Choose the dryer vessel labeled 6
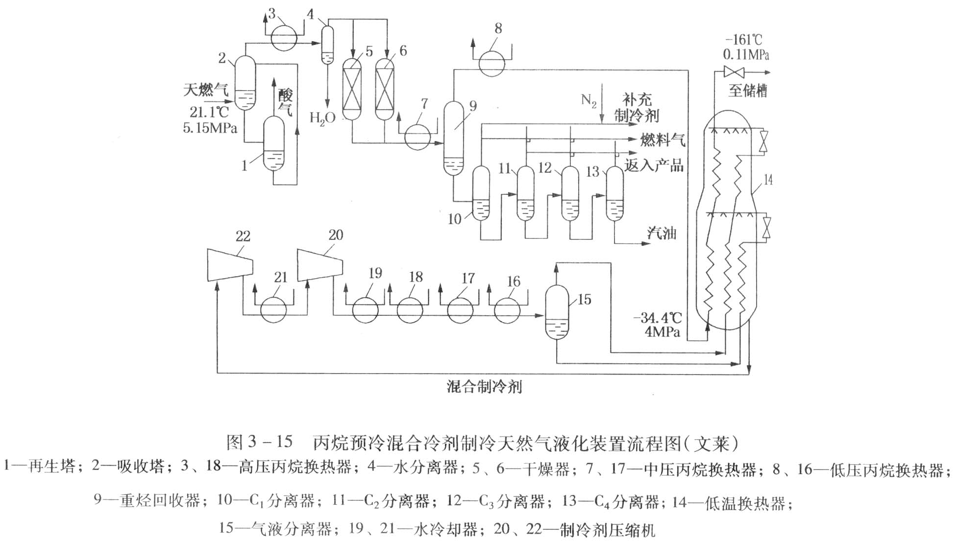tap(385, 90)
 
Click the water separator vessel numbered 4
tap(327, 44)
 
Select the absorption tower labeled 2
tap(244, 82)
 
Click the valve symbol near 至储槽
tap(734, 72)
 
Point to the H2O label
tap(322, 118)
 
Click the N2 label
tap(589, 100)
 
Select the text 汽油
tap(662, 233)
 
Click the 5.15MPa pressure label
tap(210, 128)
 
